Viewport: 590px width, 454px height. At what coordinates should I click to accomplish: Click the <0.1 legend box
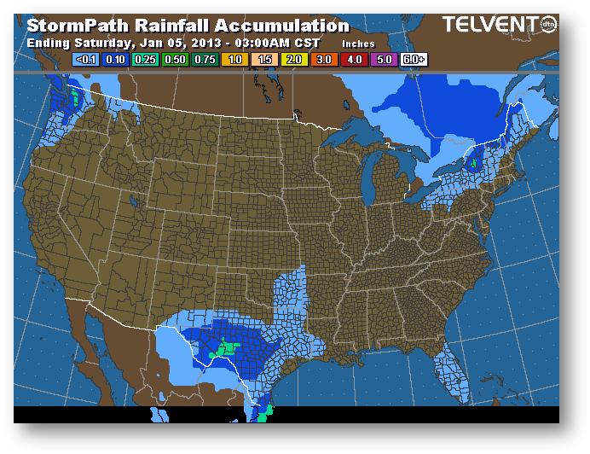(86, 61)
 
